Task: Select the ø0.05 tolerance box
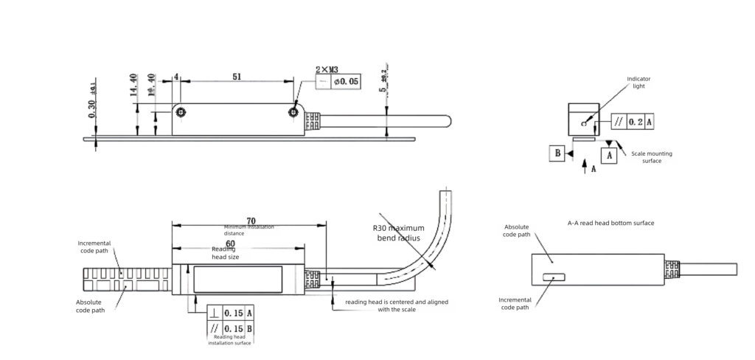click(338, 81)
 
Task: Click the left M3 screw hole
click(182, 112)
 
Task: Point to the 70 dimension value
click(251, 220)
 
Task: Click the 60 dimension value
click(230, 243)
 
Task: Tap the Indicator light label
click(639, 82)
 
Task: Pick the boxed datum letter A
click(608, 156)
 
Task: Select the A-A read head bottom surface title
click(610, 222)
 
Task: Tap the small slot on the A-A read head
click(553, 277)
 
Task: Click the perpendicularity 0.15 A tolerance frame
click(231, 313)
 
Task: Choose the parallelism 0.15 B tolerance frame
click(231, 328)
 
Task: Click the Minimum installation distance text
click(248, 229)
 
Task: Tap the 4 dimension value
click(176, 76)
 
